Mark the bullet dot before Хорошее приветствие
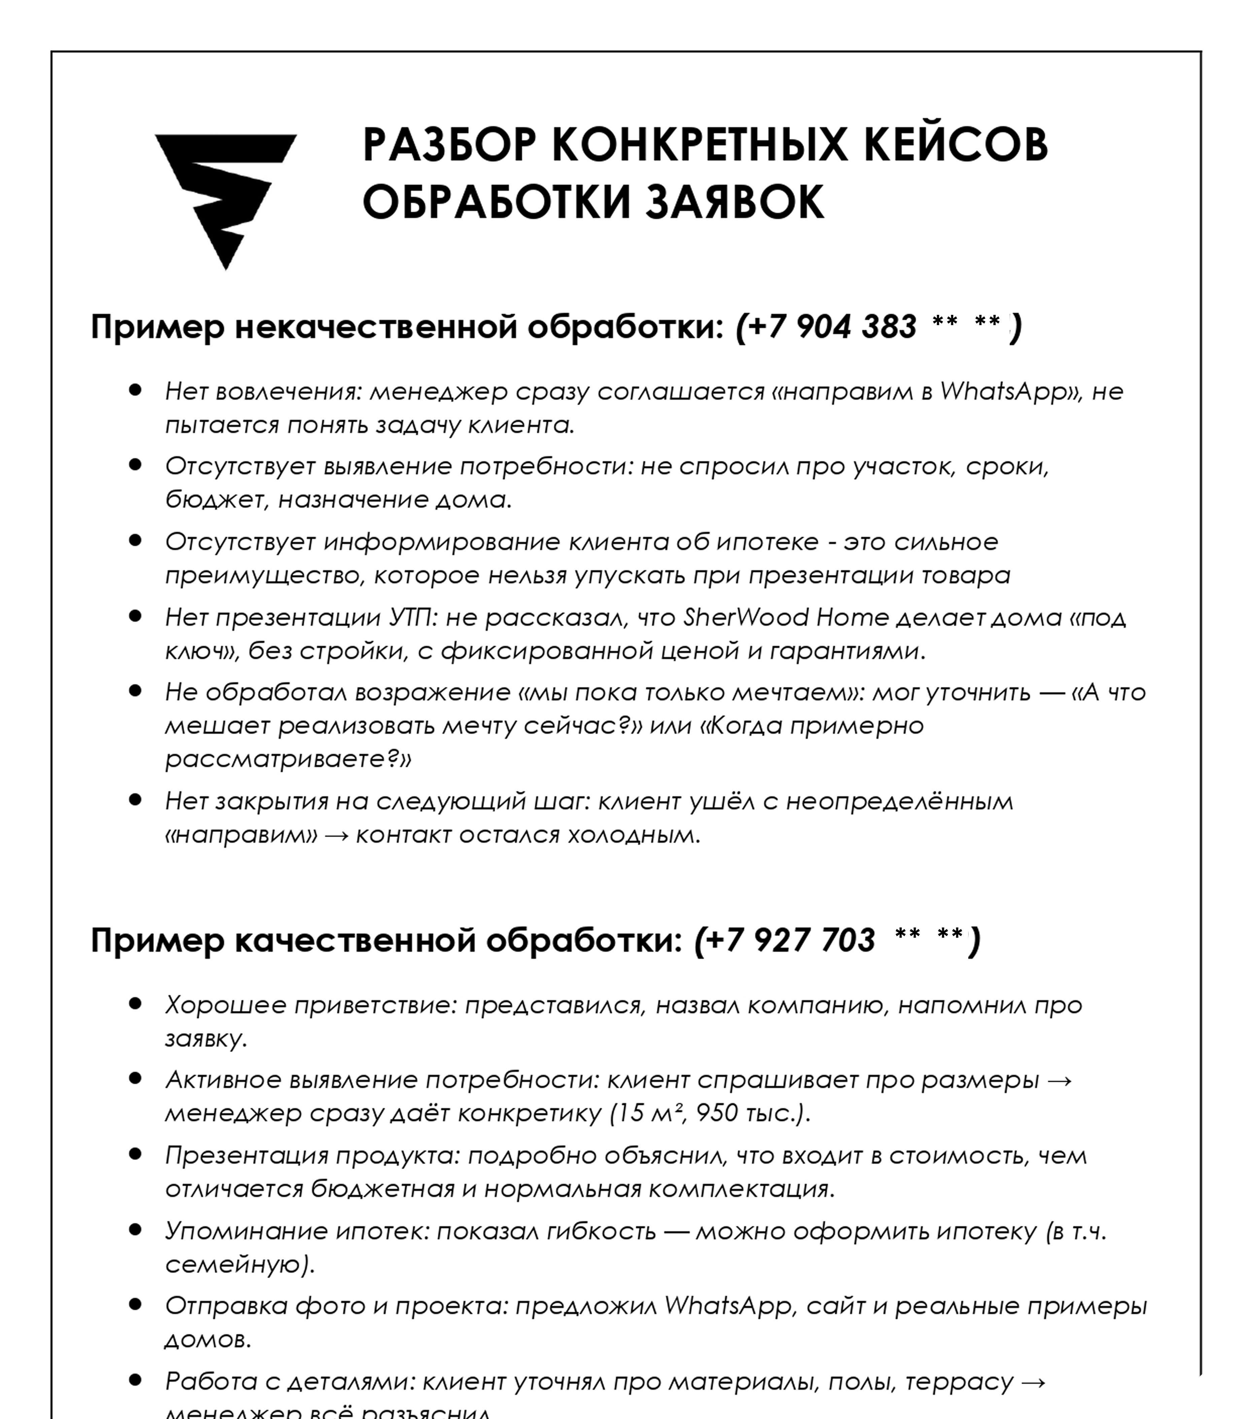tap(135, 1003)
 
